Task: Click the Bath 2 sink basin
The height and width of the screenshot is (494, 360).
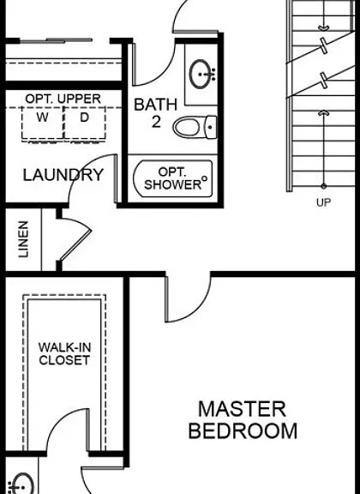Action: point(200,74)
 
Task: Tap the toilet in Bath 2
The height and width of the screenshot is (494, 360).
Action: point(195,127)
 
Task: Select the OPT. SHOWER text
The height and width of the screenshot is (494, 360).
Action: point(173,178)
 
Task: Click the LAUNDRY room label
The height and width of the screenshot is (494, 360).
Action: point(63,175)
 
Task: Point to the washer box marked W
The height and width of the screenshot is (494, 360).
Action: point(43,123)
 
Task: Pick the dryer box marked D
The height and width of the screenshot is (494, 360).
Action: point(85,123)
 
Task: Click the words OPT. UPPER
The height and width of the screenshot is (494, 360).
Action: point(63,99)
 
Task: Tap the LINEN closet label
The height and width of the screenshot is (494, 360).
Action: point(23,239)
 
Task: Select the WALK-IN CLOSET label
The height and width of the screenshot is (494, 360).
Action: point(64,353)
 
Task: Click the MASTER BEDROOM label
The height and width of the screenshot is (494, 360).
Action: point(243,419)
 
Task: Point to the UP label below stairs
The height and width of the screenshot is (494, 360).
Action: point(323,202)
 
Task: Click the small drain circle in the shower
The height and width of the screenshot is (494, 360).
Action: point(204,178)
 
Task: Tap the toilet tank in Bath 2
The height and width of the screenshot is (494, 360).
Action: point(212,127)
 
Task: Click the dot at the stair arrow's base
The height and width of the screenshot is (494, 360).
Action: point(323,186)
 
